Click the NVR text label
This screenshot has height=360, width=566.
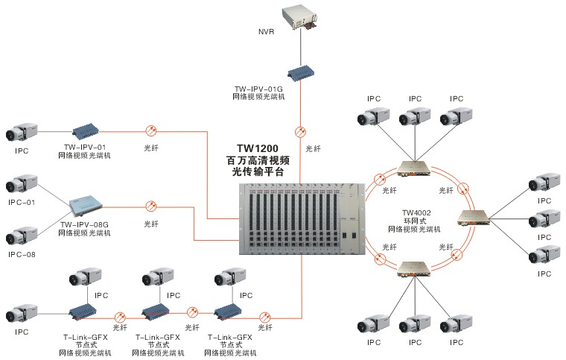coord(265,33)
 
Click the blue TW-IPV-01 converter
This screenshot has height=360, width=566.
coord(89,130)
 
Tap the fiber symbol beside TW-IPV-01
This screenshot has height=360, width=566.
coord(150,129)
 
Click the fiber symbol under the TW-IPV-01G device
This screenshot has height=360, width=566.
coord(301,131)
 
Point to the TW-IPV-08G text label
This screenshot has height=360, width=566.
coord(84,224)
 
